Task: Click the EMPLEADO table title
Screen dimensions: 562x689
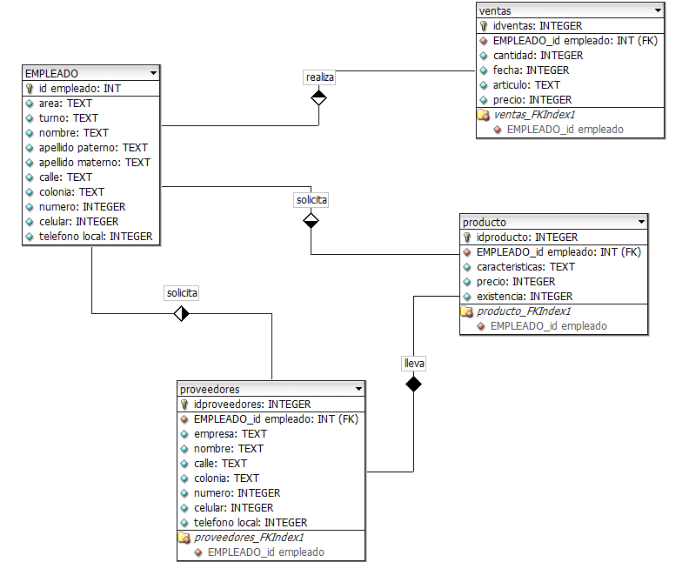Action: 52,74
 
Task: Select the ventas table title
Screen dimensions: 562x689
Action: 496,10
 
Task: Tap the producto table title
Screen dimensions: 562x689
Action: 485,222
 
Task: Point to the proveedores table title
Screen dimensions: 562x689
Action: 210,389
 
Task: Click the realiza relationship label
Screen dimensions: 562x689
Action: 320,77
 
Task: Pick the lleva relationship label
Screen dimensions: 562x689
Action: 414,363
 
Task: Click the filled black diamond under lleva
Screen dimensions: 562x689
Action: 414,384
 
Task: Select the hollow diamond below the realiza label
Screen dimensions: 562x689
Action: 319,97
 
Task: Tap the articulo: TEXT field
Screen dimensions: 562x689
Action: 526,85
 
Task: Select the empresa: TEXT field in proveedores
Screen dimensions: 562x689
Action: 231,433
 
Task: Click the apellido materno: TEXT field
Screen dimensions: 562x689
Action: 95,162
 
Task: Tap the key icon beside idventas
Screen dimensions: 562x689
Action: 484,26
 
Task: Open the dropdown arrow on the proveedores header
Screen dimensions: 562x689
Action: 358,389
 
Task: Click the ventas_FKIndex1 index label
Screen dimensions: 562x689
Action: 535,114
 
